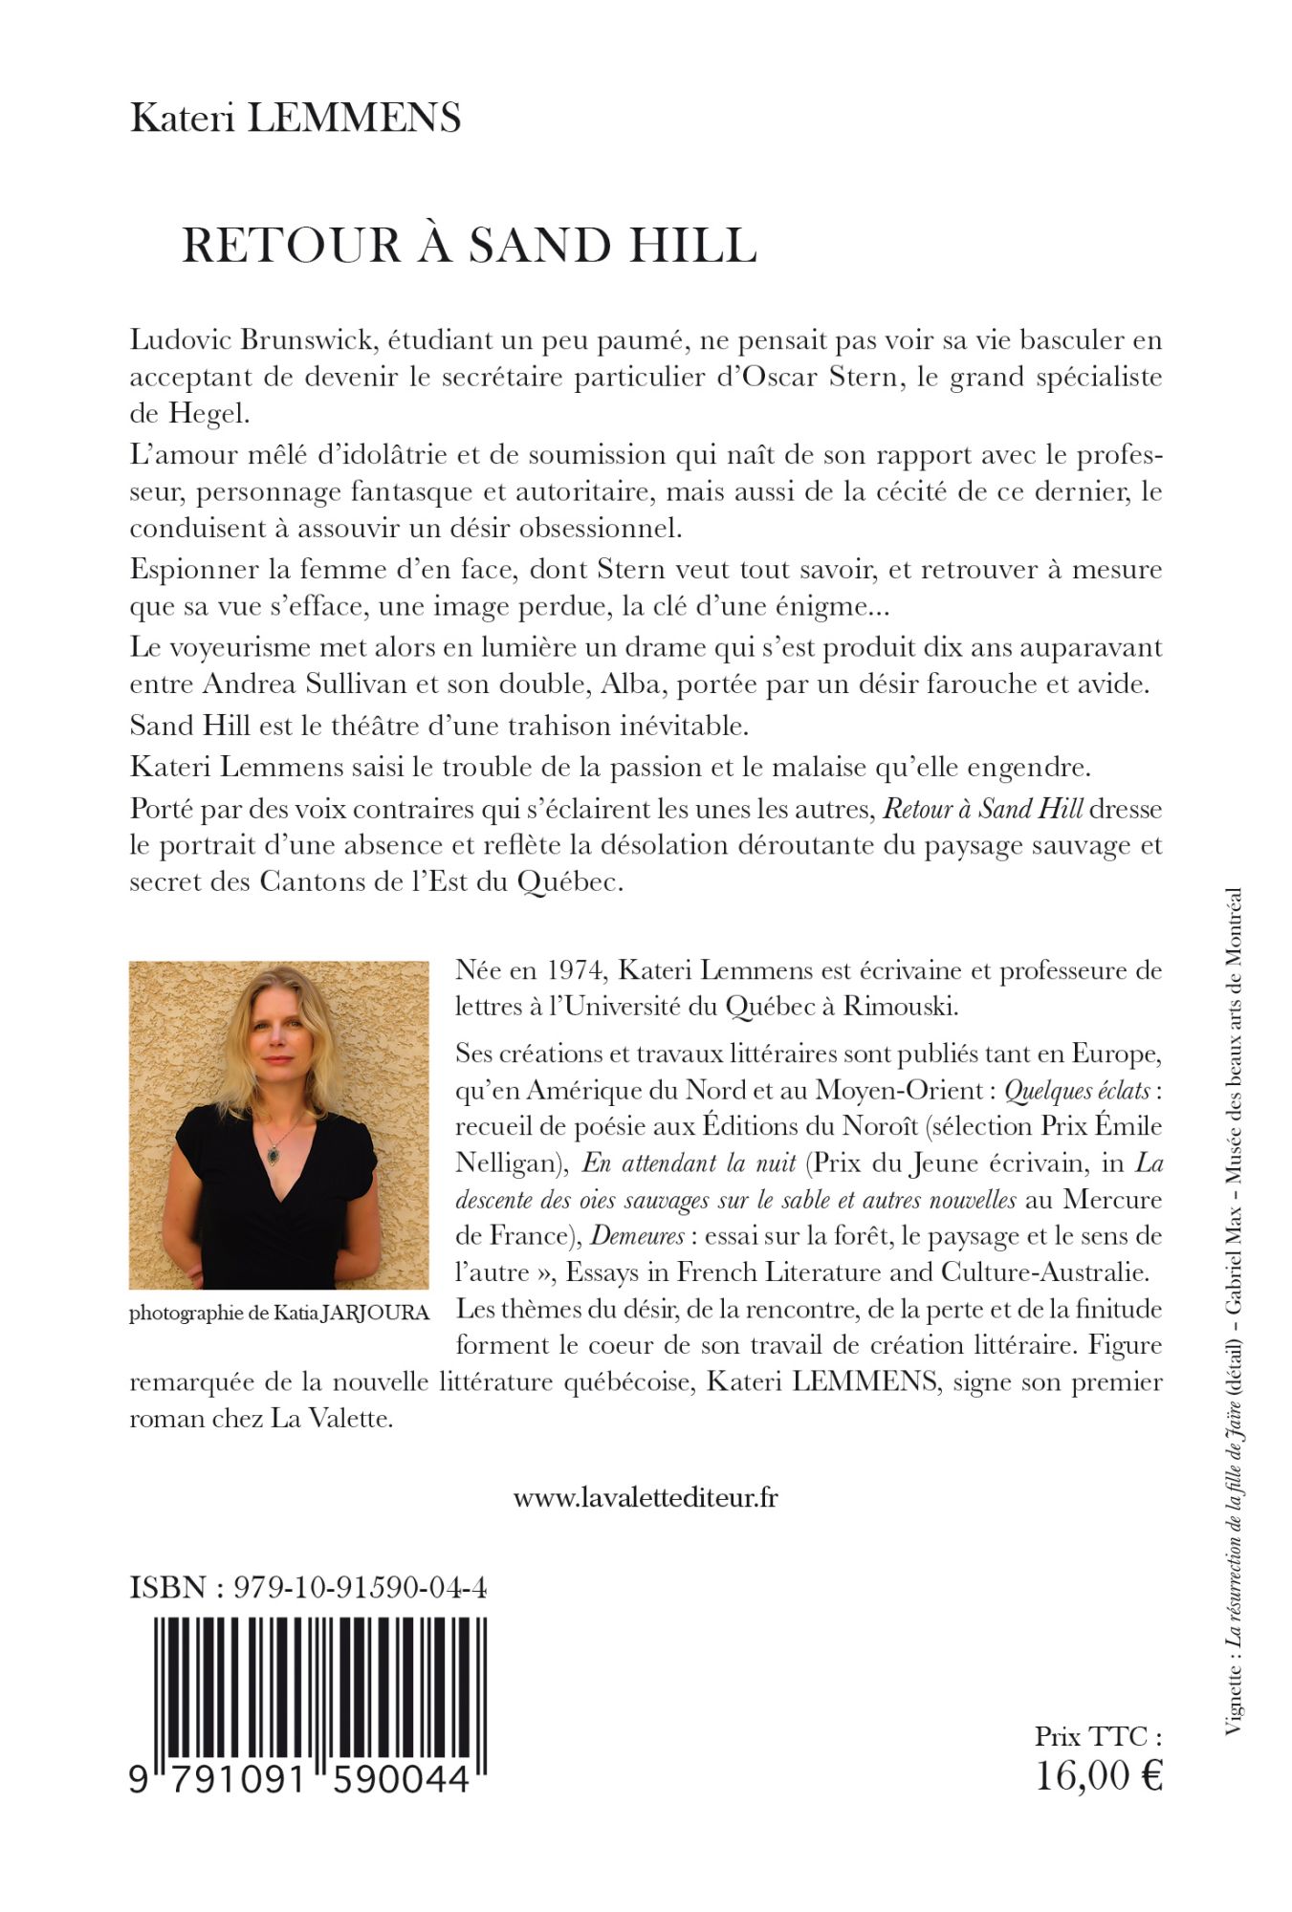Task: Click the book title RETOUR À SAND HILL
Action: click(469, 246)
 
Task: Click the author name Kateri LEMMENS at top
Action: click(296, 118)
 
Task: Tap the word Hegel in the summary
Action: click(207, 414)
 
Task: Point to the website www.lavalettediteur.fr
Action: click(646, 1497)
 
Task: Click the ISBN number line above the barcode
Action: click(308, 1588)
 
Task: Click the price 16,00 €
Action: click(1099, 1775)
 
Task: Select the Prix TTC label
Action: click(1097, 1735)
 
